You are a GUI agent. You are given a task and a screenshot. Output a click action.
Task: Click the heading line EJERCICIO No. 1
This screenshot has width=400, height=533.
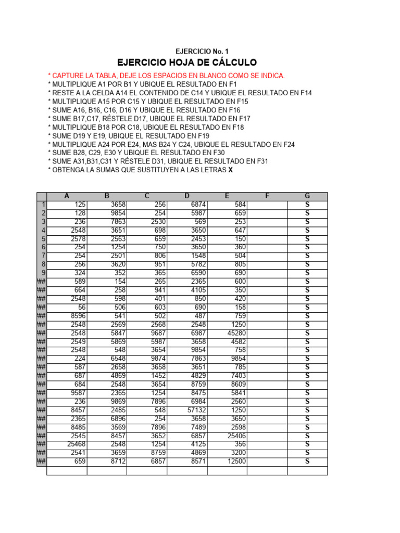pyautogui.click(x=202, y=51)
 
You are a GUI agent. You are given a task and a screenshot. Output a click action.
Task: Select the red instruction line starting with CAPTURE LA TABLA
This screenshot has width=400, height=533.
pyautogui.click(x=166, y=76)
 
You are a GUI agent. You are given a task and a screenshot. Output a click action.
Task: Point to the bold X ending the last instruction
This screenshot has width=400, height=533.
pyautogui.click(x=231, y=170)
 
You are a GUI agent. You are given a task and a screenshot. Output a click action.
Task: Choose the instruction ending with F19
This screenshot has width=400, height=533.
pyautogui.click(x=128, y=135)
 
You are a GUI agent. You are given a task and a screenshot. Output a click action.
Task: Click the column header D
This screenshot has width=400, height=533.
pyautogui.click(x=187, y=196)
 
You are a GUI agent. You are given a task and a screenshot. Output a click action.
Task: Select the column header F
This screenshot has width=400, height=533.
pyautogui.click(x=267, y=196)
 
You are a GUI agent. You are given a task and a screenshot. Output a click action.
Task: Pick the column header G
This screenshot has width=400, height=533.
pyautogui.click(x=307, y=196)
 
